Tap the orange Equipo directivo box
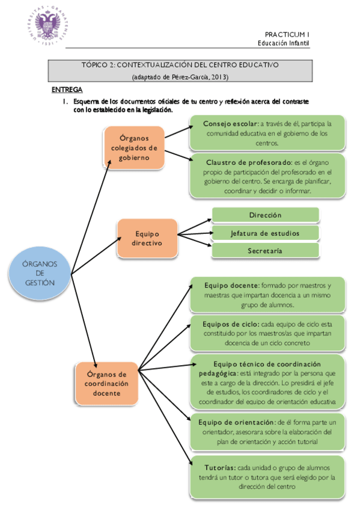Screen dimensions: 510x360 pyautogui.click(x=147, y=238)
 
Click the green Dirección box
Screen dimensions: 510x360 pyautogui.click(x=265, y=215)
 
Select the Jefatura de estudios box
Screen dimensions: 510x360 pyautogui.click(x=265, y=233)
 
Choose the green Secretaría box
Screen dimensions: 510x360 pyautogui.click(x=265, y=250)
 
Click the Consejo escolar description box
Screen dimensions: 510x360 pyautogui.click(x=266, y=133)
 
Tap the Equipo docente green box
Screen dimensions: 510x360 pyautogui.click(x=266, y=294)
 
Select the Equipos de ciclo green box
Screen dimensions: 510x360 pyautogui.click(x=266, y=333)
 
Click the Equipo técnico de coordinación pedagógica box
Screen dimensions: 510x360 pyautogui.click(x=266, y=382)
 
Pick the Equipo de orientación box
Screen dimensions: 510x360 pyautogui.click(x=266, y=432)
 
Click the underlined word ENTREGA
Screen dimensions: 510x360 pyautogui.click(x=67, y=90)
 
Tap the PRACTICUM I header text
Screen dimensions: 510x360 pyautogui.click(x=287, y=35)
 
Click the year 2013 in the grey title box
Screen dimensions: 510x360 pyautogui.click(x=218, y=77)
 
